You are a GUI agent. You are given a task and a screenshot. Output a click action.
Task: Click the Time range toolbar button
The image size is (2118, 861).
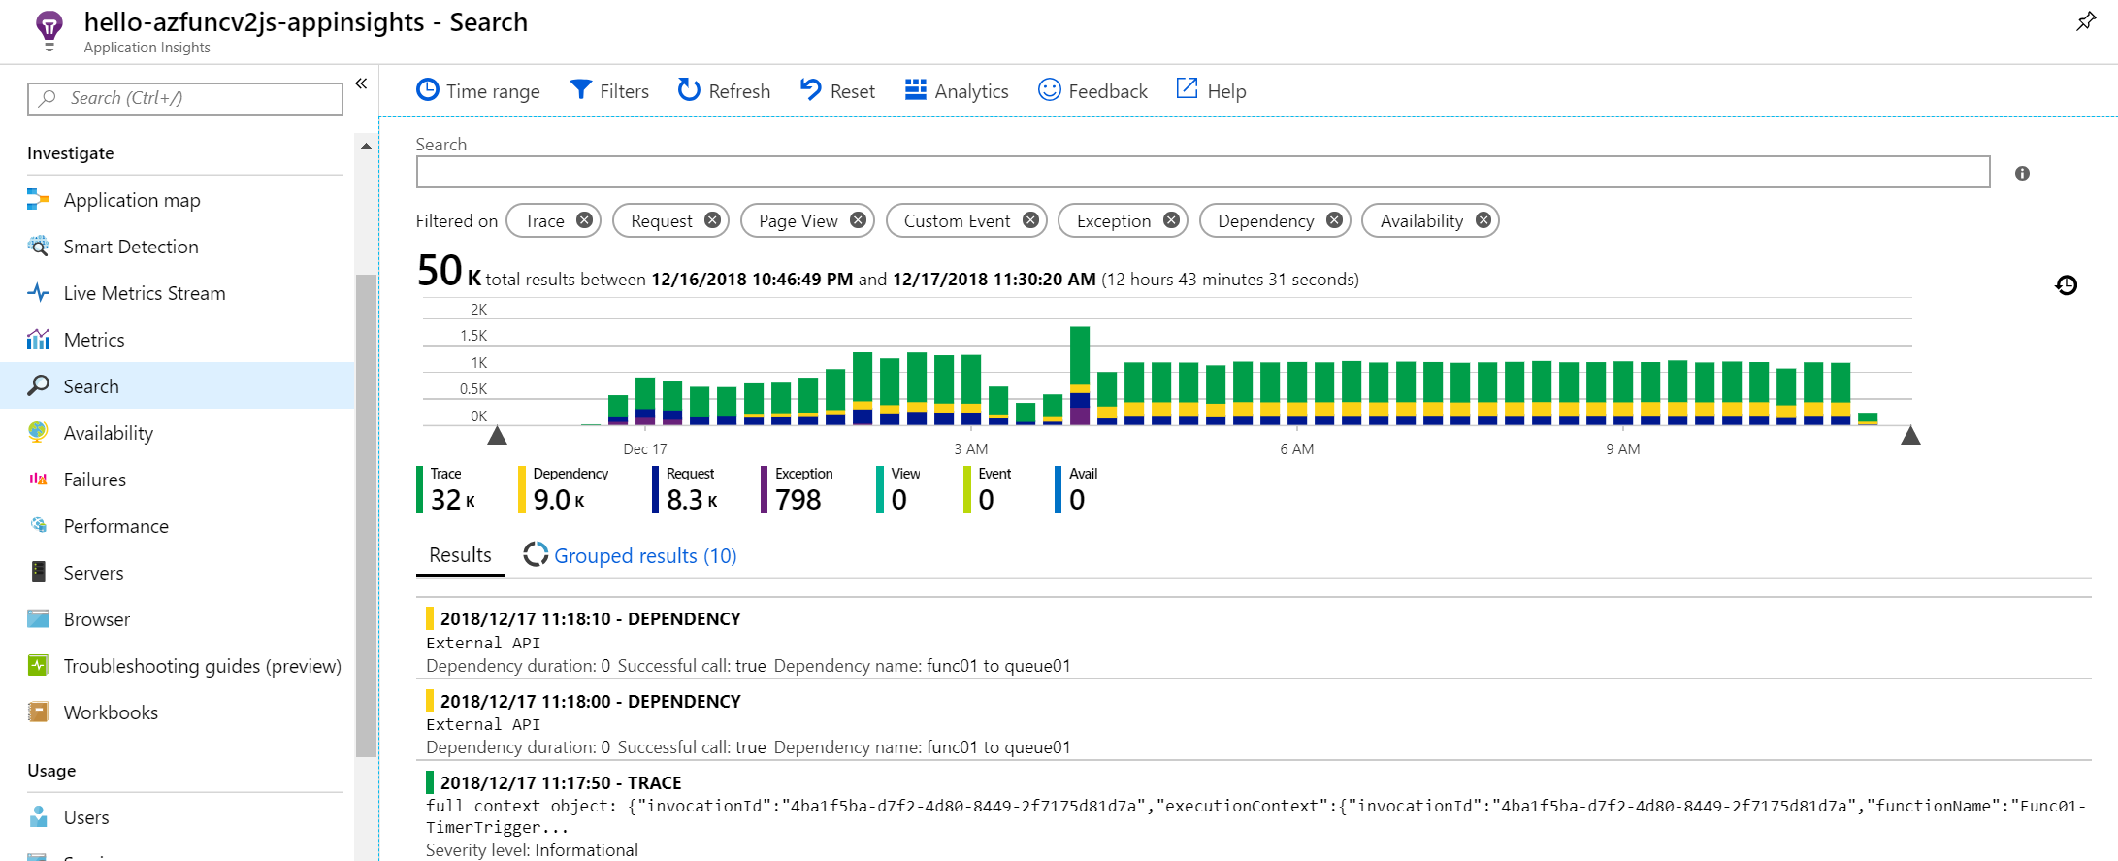(x=478, y=91)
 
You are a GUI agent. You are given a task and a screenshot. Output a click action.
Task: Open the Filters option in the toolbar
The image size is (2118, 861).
(x=609, y=91)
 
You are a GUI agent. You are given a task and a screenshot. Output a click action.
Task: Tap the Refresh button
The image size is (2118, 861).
(x=724, y=91)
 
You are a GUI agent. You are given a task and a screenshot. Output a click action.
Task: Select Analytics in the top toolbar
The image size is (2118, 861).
(x=957, y=91)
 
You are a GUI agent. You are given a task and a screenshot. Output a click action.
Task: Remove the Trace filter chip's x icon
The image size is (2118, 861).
(x=584, y=220)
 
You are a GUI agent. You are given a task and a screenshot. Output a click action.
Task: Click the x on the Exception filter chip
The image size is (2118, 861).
(x=1171, y=220)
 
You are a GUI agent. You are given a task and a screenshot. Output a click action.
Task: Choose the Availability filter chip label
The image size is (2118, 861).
(x=1420, y=221)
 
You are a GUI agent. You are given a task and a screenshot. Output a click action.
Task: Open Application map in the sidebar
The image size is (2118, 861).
(x=132, y=200)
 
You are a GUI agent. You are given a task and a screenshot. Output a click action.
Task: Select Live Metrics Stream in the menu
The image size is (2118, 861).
(x=144, y=293)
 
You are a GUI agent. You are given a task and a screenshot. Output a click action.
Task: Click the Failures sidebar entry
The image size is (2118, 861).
(x=94, y=480)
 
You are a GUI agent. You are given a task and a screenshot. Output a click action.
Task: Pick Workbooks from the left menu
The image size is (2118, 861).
(x=111, y=712)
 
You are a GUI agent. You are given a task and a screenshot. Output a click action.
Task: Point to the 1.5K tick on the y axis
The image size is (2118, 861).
(x=473, y=336)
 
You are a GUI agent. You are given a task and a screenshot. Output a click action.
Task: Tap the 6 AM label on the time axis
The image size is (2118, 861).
(x=1296, y=449)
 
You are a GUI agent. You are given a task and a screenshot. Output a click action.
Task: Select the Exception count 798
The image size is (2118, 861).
(x=798, y=500)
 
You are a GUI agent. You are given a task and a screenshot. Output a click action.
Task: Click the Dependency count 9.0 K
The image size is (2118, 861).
(x=559, y=500)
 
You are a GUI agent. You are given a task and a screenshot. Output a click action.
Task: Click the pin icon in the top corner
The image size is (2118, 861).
(x=2085, y=21)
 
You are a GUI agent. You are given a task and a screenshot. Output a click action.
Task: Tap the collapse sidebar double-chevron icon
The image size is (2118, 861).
(x=361, y=83)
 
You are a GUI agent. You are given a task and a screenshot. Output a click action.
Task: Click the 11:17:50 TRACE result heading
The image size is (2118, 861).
(x=560, y=782)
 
